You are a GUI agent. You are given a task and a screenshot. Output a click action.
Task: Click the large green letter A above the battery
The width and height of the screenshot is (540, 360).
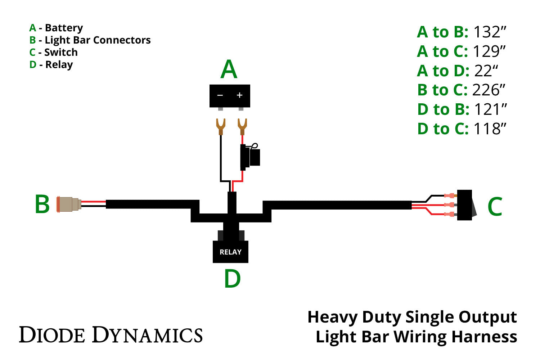pos(229,69)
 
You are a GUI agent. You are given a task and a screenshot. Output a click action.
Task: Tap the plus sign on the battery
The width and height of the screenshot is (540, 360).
pos(239,95)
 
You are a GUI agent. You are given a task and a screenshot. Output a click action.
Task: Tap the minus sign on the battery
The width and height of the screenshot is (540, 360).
pos(220,95)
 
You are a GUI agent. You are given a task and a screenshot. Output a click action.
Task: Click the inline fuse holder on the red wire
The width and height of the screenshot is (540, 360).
pos(250,157)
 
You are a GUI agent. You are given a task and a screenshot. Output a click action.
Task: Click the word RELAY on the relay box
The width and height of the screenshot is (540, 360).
pos(230,252)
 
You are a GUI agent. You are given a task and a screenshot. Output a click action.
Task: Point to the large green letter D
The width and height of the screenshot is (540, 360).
pos(232,279)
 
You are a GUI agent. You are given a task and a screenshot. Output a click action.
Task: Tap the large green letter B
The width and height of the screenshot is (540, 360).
pos(42,204)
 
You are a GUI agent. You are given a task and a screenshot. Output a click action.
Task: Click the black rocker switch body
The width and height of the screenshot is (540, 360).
pos(464,205)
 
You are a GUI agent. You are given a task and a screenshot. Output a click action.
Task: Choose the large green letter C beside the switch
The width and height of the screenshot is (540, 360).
pos(495,207)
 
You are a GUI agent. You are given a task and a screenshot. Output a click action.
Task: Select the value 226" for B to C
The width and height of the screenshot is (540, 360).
pos(489,90)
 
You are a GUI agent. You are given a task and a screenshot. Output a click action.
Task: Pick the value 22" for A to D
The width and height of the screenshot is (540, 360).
pos(486,71)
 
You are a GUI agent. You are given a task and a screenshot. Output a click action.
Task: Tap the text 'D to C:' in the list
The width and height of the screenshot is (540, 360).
pos(443,129)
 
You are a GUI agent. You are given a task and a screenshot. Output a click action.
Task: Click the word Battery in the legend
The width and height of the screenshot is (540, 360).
pos(64,28)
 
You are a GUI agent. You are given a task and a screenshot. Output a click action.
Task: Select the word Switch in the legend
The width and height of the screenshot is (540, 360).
pos(61,53)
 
